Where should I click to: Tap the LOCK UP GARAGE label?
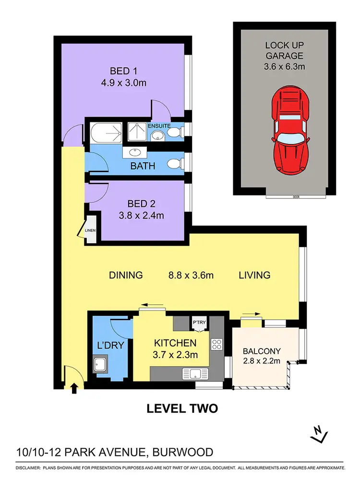(x=285, y=51)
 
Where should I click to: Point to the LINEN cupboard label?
(x=91, y=231)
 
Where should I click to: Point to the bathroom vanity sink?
(x=133, y=154)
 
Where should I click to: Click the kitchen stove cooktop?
(x=216, y=344)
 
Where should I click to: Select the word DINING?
(x=126, y=276)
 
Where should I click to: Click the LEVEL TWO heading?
(x=182, y=408)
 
